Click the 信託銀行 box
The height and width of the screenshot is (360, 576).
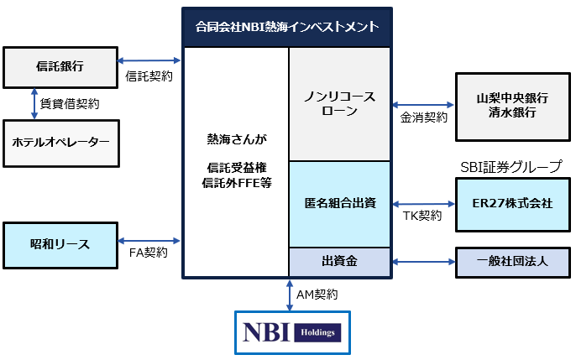(60, 67)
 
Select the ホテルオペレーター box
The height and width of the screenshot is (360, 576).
(61, 143)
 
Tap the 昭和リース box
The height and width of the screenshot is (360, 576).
(60, 245)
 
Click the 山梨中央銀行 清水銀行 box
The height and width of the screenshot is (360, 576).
(513, 107)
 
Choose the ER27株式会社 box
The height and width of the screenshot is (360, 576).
(513, 205)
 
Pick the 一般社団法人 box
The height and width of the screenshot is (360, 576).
(513, 263)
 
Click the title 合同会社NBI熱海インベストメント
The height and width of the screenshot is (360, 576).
(287, 27)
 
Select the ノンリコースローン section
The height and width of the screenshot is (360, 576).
(339, 104)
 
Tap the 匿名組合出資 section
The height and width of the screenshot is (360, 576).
(339, 204)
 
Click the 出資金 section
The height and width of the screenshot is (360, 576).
(339, 262)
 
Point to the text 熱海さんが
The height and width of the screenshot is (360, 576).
(237, 139)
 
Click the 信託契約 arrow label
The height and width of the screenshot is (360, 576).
(149, 76)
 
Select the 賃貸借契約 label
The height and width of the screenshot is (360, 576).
(70, 104)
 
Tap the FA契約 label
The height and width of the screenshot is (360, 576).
(149, 253)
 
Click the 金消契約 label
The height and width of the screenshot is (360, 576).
(423, 117)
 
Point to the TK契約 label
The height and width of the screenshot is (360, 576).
(422, 216)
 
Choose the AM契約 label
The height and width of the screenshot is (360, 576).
(317, 295)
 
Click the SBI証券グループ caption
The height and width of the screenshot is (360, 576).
(511, 167)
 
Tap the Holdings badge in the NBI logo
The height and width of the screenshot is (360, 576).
(317, 333)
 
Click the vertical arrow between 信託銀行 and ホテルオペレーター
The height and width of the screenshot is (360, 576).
(34, 104)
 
